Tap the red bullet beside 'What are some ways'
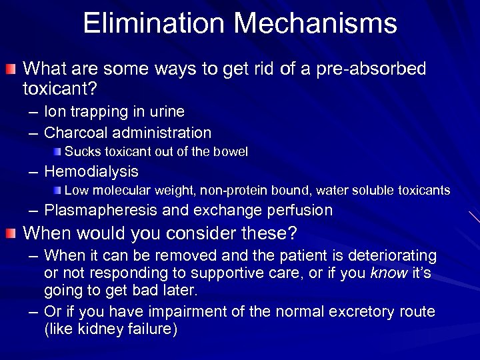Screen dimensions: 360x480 (12, 69)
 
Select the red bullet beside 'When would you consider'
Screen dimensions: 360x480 (12, 234)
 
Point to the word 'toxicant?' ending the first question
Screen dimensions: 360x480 (56, 87)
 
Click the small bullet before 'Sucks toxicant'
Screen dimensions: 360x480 (59, 151)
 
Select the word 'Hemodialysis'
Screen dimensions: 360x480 (91, 171)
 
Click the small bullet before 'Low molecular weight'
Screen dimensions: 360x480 (59, 191)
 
